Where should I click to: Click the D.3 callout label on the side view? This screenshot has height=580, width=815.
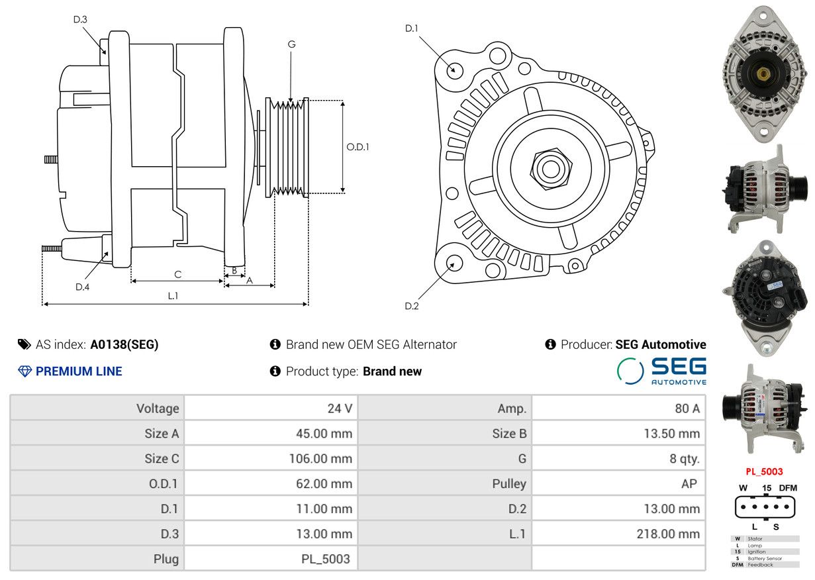(80, 19)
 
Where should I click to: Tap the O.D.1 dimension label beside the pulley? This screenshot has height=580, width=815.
(358, 147)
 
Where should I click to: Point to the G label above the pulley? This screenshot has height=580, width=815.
(291, 44)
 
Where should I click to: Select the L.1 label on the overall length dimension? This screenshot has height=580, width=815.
(173, 296)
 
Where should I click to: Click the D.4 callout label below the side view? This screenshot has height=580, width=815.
(82, 287)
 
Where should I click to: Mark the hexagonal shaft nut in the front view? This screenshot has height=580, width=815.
(551, 168)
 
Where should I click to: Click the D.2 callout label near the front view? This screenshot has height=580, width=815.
(412, 306)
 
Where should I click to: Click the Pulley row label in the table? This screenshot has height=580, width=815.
(509, 483)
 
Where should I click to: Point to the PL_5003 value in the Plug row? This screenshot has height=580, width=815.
(326, 559)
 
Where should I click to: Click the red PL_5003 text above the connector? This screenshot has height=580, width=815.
(764, 471)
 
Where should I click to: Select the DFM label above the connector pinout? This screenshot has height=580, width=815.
(788, 488)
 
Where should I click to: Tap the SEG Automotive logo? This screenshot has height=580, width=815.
(661, 371)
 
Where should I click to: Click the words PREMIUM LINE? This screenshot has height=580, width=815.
(79, 371)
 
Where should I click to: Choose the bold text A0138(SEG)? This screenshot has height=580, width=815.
(124, 344)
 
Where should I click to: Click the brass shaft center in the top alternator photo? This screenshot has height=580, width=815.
(763, 75)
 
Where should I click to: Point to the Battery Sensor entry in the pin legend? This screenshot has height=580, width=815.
(765, 558)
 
